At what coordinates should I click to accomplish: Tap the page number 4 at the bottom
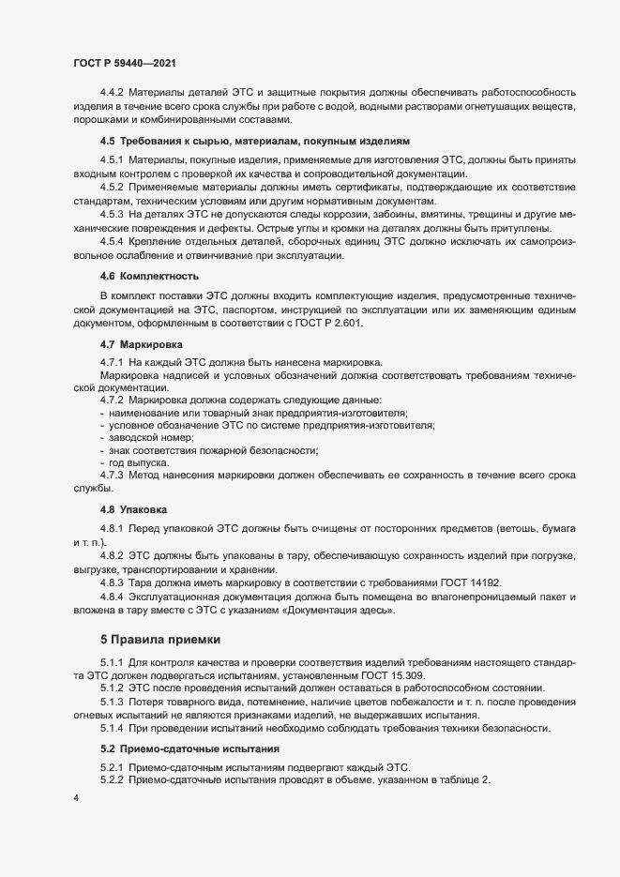76,798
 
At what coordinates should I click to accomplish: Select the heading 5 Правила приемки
160,640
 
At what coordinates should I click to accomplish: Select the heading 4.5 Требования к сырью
255,141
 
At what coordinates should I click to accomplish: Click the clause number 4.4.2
112,93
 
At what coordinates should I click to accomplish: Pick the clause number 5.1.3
112,703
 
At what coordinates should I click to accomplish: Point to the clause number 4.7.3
112,476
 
